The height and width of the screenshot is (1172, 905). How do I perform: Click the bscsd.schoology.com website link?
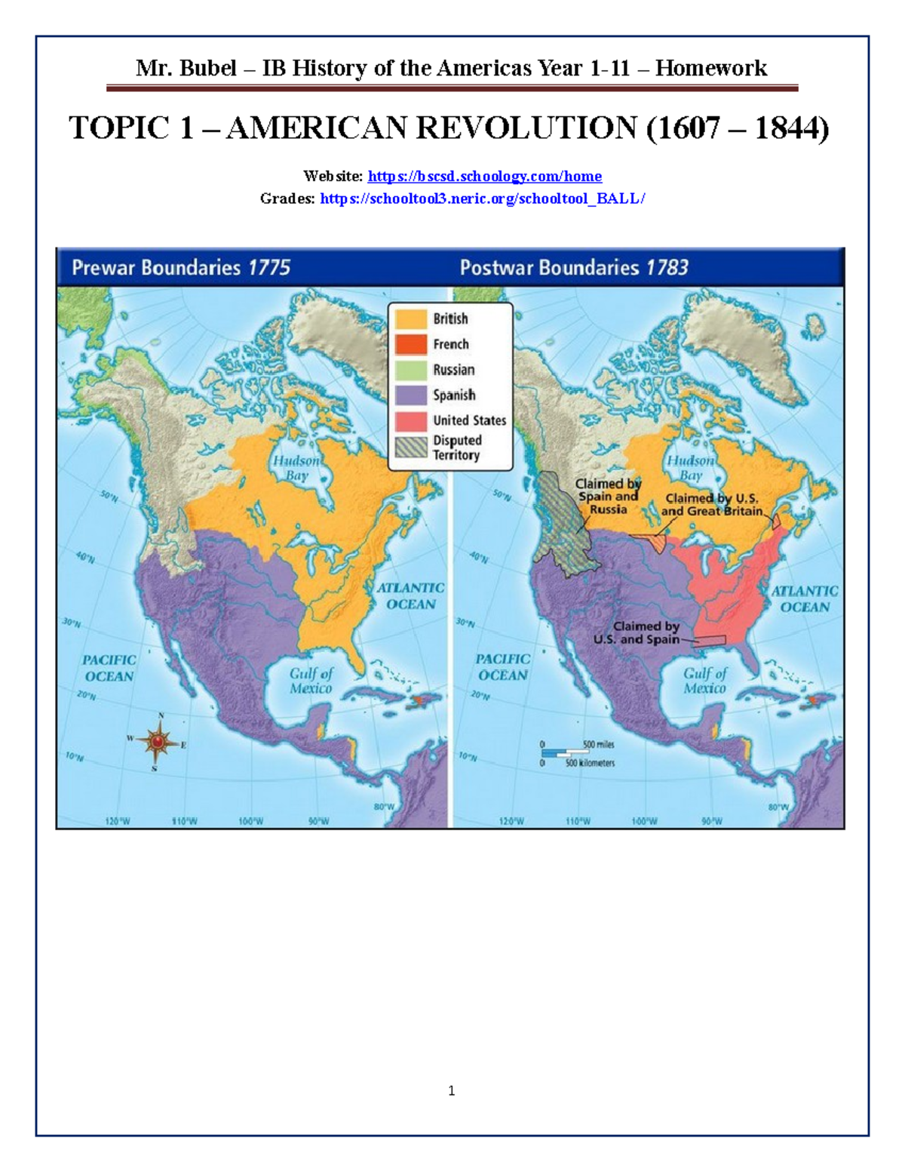pos(484,177)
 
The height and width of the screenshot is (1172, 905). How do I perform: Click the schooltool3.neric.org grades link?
pos(483,198)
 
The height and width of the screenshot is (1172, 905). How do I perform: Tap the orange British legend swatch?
pos(411,318)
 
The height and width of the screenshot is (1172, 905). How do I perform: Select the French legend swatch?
pos(411,344)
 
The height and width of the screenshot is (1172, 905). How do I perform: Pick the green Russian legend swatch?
pos(411,370)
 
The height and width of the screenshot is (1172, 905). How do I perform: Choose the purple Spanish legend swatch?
pos(411,395)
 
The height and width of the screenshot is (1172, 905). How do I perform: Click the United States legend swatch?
pos(411,420)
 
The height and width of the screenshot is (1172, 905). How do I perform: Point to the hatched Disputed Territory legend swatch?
pos(411,448)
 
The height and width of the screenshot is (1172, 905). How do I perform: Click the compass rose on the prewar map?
pos(158,742)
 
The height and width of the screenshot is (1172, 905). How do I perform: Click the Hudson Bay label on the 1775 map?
pos(296,468)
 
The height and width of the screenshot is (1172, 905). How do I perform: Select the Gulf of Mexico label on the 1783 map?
pos(704,680)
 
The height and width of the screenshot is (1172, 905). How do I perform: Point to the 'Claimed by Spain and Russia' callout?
pos(608,497)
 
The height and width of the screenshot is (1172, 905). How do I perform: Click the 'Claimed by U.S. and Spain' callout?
pos(637,632)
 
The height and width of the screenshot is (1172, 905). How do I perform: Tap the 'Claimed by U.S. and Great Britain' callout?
pos(712,504)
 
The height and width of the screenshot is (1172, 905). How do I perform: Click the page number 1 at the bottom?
pos(451,1090)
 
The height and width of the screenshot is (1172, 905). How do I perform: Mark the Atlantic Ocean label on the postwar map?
pos(804,598)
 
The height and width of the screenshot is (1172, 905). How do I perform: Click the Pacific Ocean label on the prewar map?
pos(109,668)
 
